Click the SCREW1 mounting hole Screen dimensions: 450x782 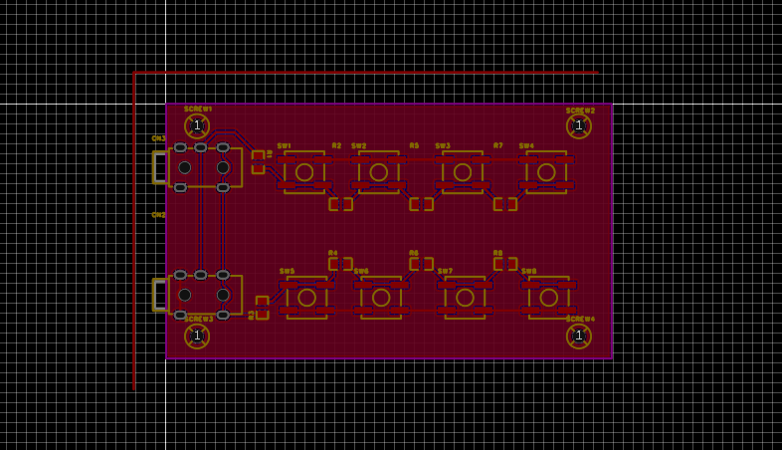click(197, 125)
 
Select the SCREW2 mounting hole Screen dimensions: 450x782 click(579, 125)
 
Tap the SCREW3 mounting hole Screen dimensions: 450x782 click(197, 336)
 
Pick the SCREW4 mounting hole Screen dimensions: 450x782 click(579, 336)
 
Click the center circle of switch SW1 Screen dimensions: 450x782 click(304, 171)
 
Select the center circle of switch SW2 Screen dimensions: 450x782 click(378, 171)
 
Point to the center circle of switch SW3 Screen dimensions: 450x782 click(463, 171)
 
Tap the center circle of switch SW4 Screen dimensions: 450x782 click(546, 171)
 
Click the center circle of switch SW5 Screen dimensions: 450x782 click(306, 297)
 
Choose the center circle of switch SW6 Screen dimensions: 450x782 click(381, 297)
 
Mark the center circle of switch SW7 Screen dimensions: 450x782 click(465, 297)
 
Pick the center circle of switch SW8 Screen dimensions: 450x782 click(548, 297)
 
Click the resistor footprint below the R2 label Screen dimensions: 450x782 click(340, 204)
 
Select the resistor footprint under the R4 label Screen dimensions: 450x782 click(340, 264)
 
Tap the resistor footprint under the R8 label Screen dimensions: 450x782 click(505, 264)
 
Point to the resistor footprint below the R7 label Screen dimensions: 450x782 click(505, 204)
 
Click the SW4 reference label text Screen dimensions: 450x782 click(526, 146)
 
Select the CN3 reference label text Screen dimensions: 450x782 click(158, 138)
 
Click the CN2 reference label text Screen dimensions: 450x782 click(158, 215)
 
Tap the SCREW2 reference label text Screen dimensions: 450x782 click(580, 111)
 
